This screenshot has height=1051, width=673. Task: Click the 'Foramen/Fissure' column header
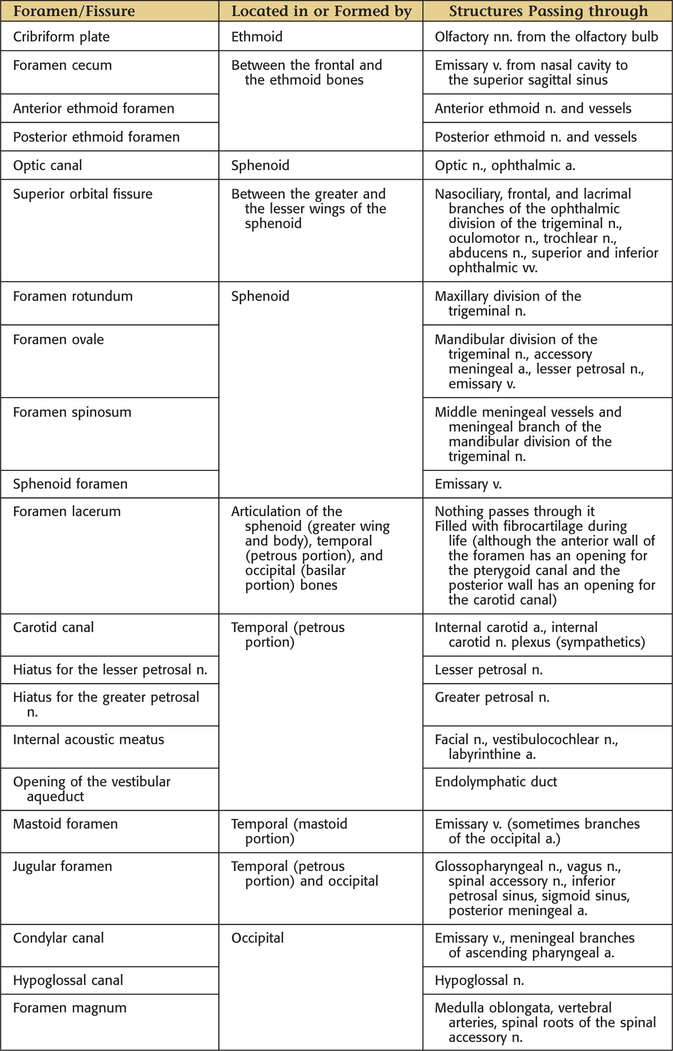point(74,11)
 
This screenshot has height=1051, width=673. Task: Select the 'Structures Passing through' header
point(548,11)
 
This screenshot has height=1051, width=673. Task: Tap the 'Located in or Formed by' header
point(321,11)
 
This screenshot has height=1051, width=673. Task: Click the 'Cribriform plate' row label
point(61,37)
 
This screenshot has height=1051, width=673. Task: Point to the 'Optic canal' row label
point(48,166)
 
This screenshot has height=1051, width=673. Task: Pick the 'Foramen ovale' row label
point(59,340)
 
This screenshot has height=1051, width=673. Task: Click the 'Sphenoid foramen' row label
point(70,484)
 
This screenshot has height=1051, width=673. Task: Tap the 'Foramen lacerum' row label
point(67,511)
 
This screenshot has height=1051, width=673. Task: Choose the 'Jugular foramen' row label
point(63,866)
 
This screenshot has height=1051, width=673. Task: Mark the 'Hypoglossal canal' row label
point(68,980)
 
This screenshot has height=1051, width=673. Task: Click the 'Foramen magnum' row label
point(70,1008)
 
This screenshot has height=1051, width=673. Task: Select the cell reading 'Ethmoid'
point(257,37)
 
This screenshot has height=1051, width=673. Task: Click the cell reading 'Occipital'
point(258,938)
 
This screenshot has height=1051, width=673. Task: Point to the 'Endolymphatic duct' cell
point(496,782)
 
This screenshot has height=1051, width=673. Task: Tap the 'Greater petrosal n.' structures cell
point(492,697)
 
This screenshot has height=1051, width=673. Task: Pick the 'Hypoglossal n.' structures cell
point(480,980)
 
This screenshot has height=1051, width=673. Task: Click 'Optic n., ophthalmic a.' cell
point(505,166)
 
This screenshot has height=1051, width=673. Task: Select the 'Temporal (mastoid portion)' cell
point(289,831)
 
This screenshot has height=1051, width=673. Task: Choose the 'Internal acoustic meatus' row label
point(89,739)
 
